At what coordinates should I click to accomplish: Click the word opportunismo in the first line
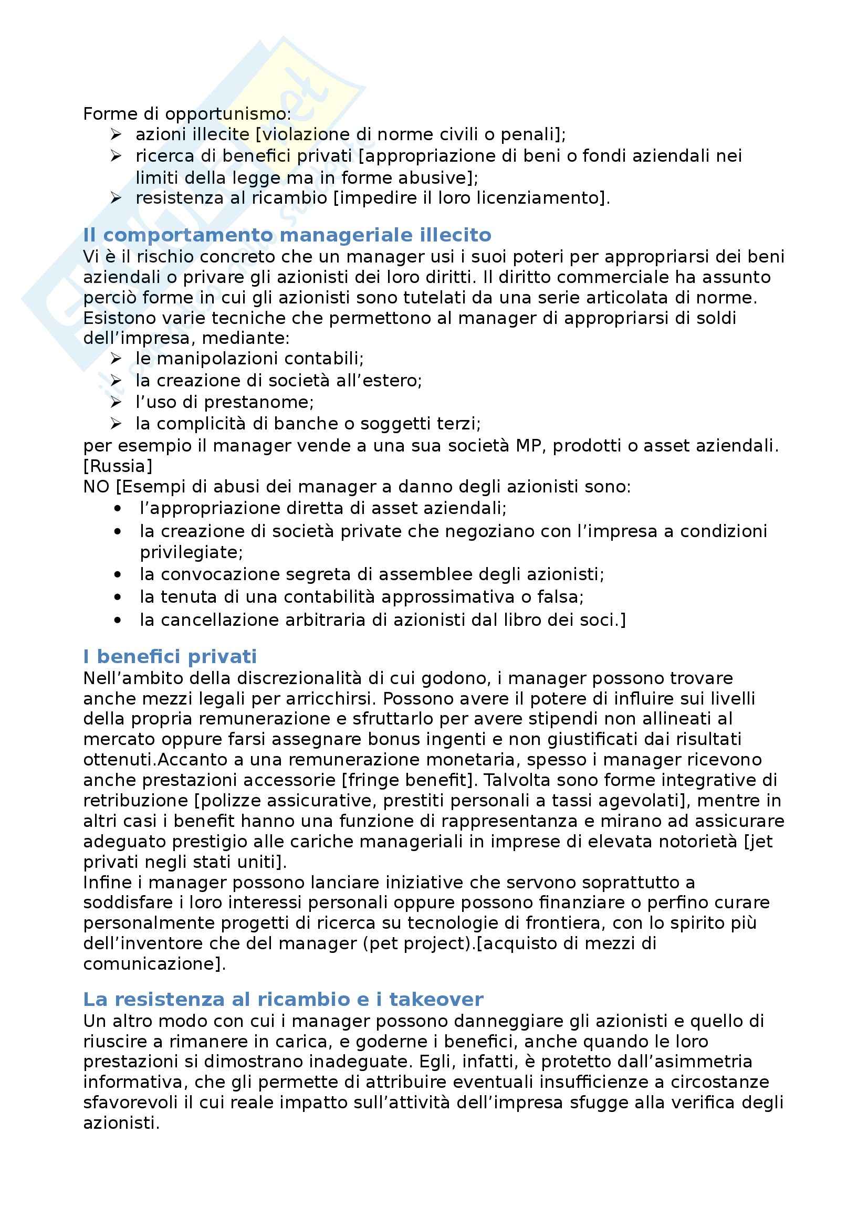tap(227, 114)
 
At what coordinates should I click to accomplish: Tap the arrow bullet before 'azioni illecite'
tap(116, 134)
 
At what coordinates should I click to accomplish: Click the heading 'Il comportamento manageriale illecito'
tap(287, 235)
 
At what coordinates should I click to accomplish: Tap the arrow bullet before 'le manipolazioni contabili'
tap(116, 359)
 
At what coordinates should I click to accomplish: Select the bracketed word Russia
tap(118, 466)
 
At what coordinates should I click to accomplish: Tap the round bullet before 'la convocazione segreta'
tap(118, 575)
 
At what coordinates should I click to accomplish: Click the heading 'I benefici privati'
tap(170, 656)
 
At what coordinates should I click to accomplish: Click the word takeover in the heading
tap(436, 999)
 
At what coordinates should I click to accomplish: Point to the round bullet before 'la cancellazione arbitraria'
tap(118, 621)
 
